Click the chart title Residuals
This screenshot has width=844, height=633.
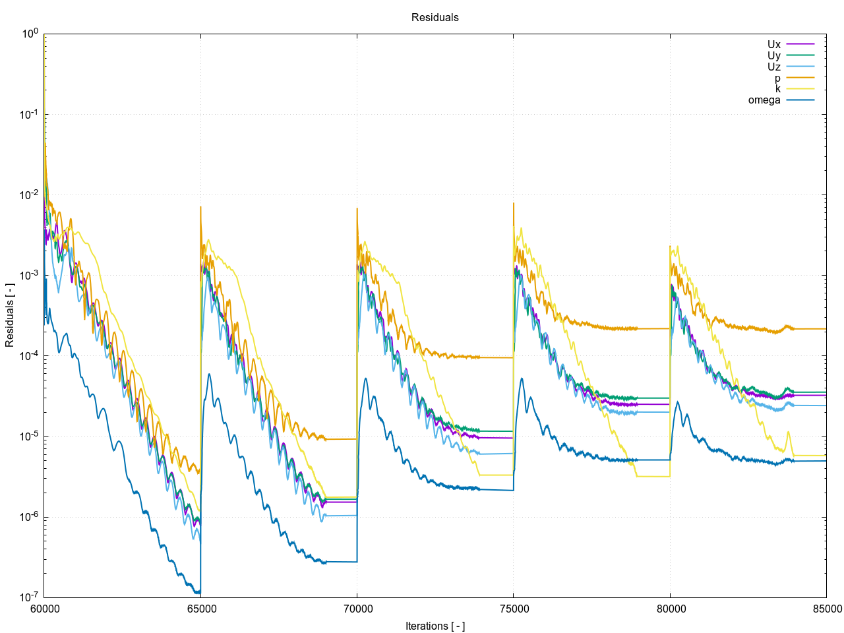[x=435, y=18]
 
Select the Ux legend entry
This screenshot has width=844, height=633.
[x=774, y=45]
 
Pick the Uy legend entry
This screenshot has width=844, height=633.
[x=774, y=56]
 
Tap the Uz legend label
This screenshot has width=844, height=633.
[x=774, y=67]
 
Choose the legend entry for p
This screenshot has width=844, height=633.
[x=777, y=78]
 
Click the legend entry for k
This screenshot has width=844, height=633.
[x=777, y=89]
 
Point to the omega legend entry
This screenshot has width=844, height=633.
[x=764, y=100]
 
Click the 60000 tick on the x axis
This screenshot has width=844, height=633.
[x=44, y=609]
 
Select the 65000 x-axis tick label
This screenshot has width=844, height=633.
[x=200, y=609]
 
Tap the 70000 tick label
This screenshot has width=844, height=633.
[x=357, y=609]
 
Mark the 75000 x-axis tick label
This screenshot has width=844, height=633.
[x=513, y=609]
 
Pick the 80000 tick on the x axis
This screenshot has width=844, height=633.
[x=670, y=609]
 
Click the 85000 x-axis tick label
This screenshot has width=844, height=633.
[x=826, y=609]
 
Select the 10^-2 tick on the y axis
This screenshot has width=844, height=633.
[x=29, y=195]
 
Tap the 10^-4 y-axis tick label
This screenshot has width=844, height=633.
[x=29, y=356]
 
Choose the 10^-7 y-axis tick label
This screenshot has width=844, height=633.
[x=29, y=597]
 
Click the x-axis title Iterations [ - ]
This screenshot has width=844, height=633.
[x=435, y=626]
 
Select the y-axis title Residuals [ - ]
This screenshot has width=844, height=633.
[x=10, y=315]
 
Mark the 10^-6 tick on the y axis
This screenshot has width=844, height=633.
[x=29, y=517]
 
